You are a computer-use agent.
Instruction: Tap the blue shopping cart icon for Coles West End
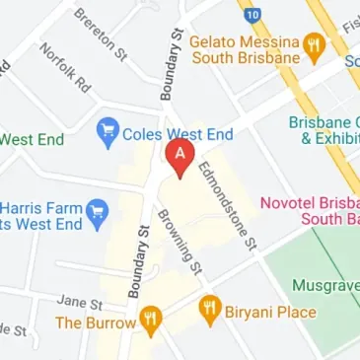pos(108,132)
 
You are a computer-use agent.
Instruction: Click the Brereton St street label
pos(101,33)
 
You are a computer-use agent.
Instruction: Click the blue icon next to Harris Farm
pos(97,210)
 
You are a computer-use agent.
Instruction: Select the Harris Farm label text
pos(39,218)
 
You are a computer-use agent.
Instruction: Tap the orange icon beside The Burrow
pos(150,319)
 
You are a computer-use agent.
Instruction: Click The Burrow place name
pos(96,323)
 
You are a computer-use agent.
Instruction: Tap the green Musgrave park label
pos(325,285)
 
